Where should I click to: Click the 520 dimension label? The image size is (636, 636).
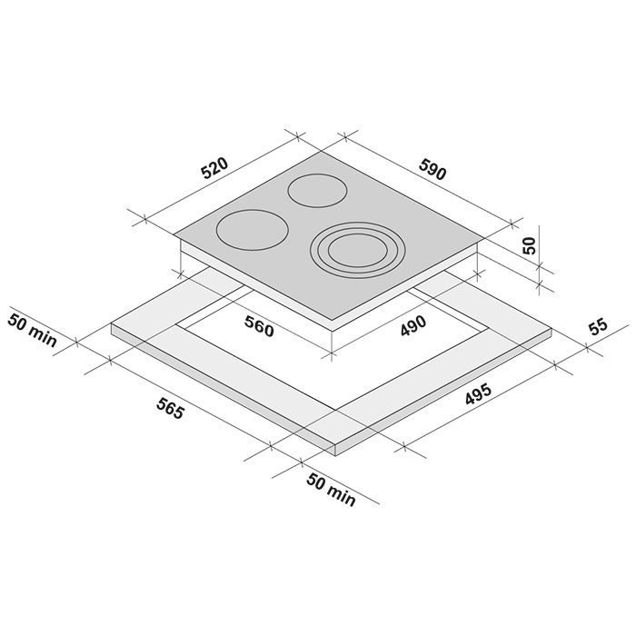pyautogui.click(x=215, y=168)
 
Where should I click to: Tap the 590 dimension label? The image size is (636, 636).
pyautogui.click(x=432, y=170)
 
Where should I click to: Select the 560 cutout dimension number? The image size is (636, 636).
pyautogui.click(x=259, y=326)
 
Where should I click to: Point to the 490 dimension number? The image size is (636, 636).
pyautogui.click(x=413, y=325)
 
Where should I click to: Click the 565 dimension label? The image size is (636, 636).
pyautogui.click(x=171, y=409)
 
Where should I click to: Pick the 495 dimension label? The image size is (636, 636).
pyautogui.click(x=478, y=393)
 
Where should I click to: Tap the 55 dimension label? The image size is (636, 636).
pyautogui.click(x=598, y=327)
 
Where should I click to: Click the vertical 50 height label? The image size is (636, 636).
pyautogui.click(x=530, y=245)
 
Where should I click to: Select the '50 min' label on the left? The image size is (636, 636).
pyautogui.click(x=32, y=330)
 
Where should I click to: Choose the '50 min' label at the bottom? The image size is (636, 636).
pyautogui.click(x=331, y=490)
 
